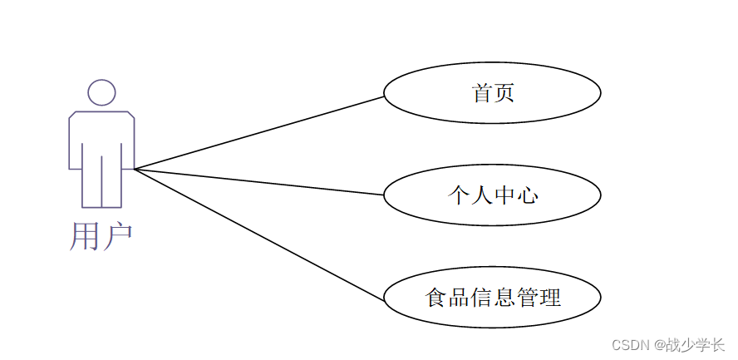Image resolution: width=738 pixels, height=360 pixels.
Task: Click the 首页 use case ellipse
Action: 492,92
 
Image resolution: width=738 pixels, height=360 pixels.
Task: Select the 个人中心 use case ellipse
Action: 492,195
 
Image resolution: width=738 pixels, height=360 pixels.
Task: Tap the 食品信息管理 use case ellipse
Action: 492,297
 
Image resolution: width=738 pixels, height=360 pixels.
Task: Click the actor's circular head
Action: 101,92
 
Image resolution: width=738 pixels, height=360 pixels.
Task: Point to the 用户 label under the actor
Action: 101,236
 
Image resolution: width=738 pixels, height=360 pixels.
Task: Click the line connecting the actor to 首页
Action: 258,133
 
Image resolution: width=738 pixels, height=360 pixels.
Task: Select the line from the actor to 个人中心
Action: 258,182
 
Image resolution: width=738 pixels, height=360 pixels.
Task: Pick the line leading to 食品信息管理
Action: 258,234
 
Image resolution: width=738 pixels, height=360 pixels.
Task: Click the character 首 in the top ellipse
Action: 482,92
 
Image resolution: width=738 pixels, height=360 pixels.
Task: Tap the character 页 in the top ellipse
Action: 504,92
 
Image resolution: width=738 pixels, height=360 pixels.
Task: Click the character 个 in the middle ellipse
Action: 459,195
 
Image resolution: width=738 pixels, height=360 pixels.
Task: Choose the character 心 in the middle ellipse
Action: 527,195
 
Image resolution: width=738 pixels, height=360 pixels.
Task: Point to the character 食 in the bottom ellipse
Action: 436,297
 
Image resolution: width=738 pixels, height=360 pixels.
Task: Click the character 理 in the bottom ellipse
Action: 550,297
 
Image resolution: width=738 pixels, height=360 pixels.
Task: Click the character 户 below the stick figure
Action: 117,236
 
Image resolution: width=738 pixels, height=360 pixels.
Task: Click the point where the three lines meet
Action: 135,169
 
